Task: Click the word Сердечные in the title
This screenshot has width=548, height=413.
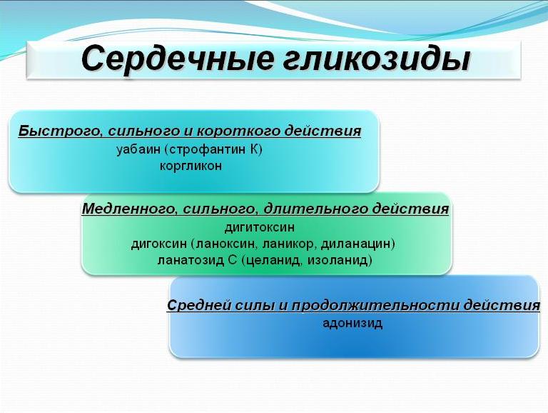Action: pyautogui.click(x=177, y=59)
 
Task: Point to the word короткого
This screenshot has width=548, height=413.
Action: pyautogui.click(x=238, y=131)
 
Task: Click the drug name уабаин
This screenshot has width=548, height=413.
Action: pyautogui.click(x=138, y=150)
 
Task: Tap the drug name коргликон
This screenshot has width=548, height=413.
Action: pyautogui.click(x=191, y=166)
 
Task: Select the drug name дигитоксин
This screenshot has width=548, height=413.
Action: pyautogui.click(x=259, y=228)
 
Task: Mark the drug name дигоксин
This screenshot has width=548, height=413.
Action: pyautogui.click(x=159, y=244)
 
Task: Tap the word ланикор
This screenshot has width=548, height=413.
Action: pyautogui.click(x=288, y=244)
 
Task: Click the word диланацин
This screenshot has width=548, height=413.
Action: pyautogui.click(x=355, y=244)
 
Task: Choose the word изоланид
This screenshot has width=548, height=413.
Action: pyautogui.click(x=337, y=260)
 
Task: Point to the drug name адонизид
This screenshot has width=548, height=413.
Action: pyautogui.click(x=352, y=323)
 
